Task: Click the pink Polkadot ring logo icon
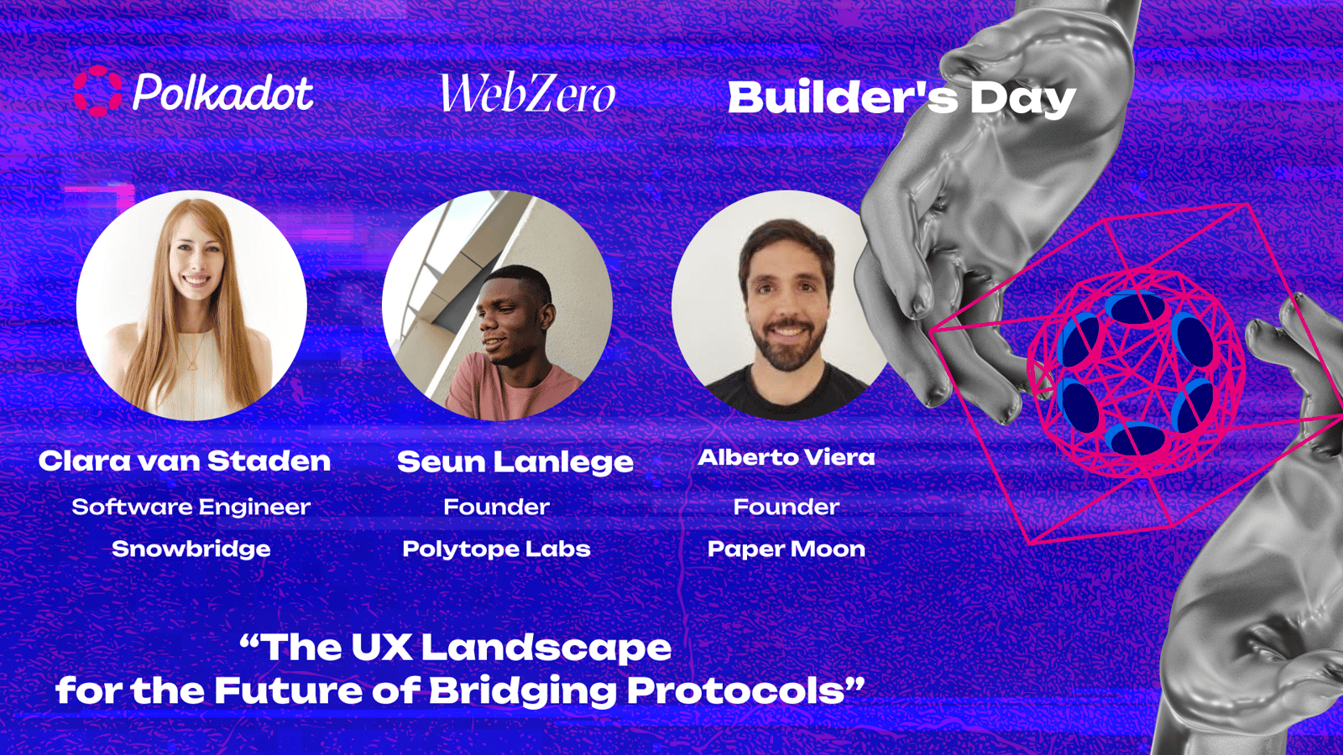tap(97, 91)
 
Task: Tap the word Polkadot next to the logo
tap(222, 93)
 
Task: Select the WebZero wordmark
tap(528, 93)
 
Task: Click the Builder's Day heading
tap(901, 97)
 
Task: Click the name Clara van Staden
tap(185, 461)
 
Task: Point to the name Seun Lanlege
tap(515, 462)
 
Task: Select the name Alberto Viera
tap(786, 457)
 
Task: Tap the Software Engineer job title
tap(191, 507)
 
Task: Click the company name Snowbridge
tap(191, 549)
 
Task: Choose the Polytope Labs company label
tap(496, 549)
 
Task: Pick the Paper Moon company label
tap(786, 549)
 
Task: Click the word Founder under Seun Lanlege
tap(496, 507)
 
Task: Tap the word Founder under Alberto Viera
tap(786, 507)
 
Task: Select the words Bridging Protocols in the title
tap(634, 691)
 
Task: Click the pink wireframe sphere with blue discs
tap(1135, 372)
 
